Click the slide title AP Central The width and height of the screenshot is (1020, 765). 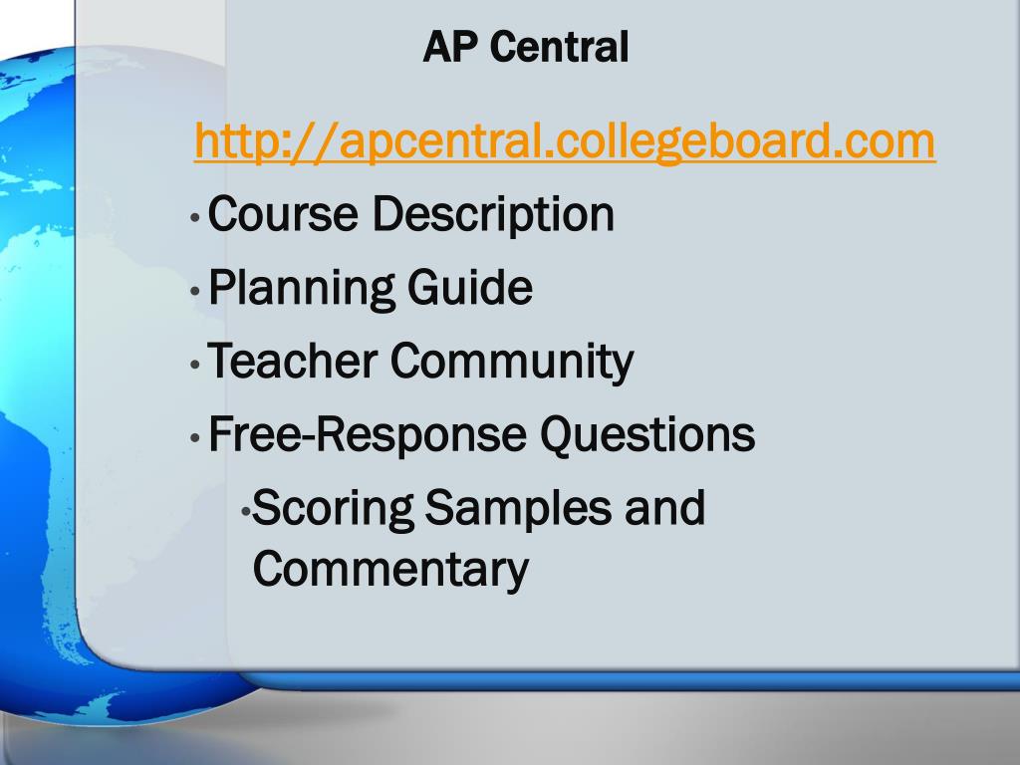click(x=525, y=47)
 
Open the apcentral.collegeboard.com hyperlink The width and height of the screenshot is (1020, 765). click(x=565, y=141)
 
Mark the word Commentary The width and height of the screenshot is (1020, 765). click(x=389, y=570)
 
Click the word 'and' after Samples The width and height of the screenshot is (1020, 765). click(x=664, y=509)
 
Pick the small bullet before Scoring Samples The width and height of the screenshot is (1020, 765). click(x=247, y=511)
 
